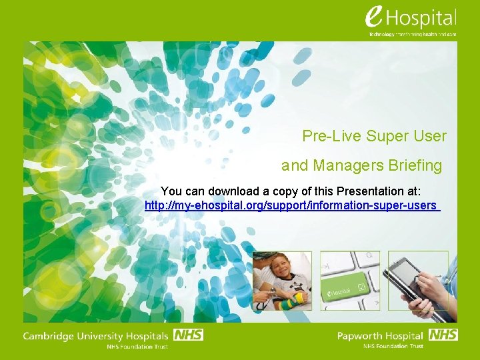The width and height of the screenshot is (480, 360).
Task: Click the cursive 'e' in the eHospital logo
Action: point(375,17)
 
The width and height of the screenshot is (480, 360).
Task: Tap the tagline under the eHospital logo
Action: point(413,34)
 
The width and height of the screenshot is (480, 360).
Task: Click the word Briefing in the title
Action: point(418,165)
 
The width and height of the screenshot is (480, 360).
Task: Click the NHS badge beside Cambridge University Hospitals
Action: point(188,335)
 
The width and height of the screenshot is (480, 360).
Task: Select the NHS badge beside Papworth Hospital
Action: point(443,335)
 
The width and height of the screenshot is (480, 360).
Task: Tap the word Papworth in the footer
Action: point(361,336)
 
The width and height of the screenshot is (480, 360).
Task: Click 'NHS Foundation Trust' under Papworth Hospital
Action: point(393,346)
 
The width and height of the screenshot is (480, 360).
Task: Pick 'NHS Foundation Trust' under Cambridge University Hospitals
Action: point(137,346)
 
